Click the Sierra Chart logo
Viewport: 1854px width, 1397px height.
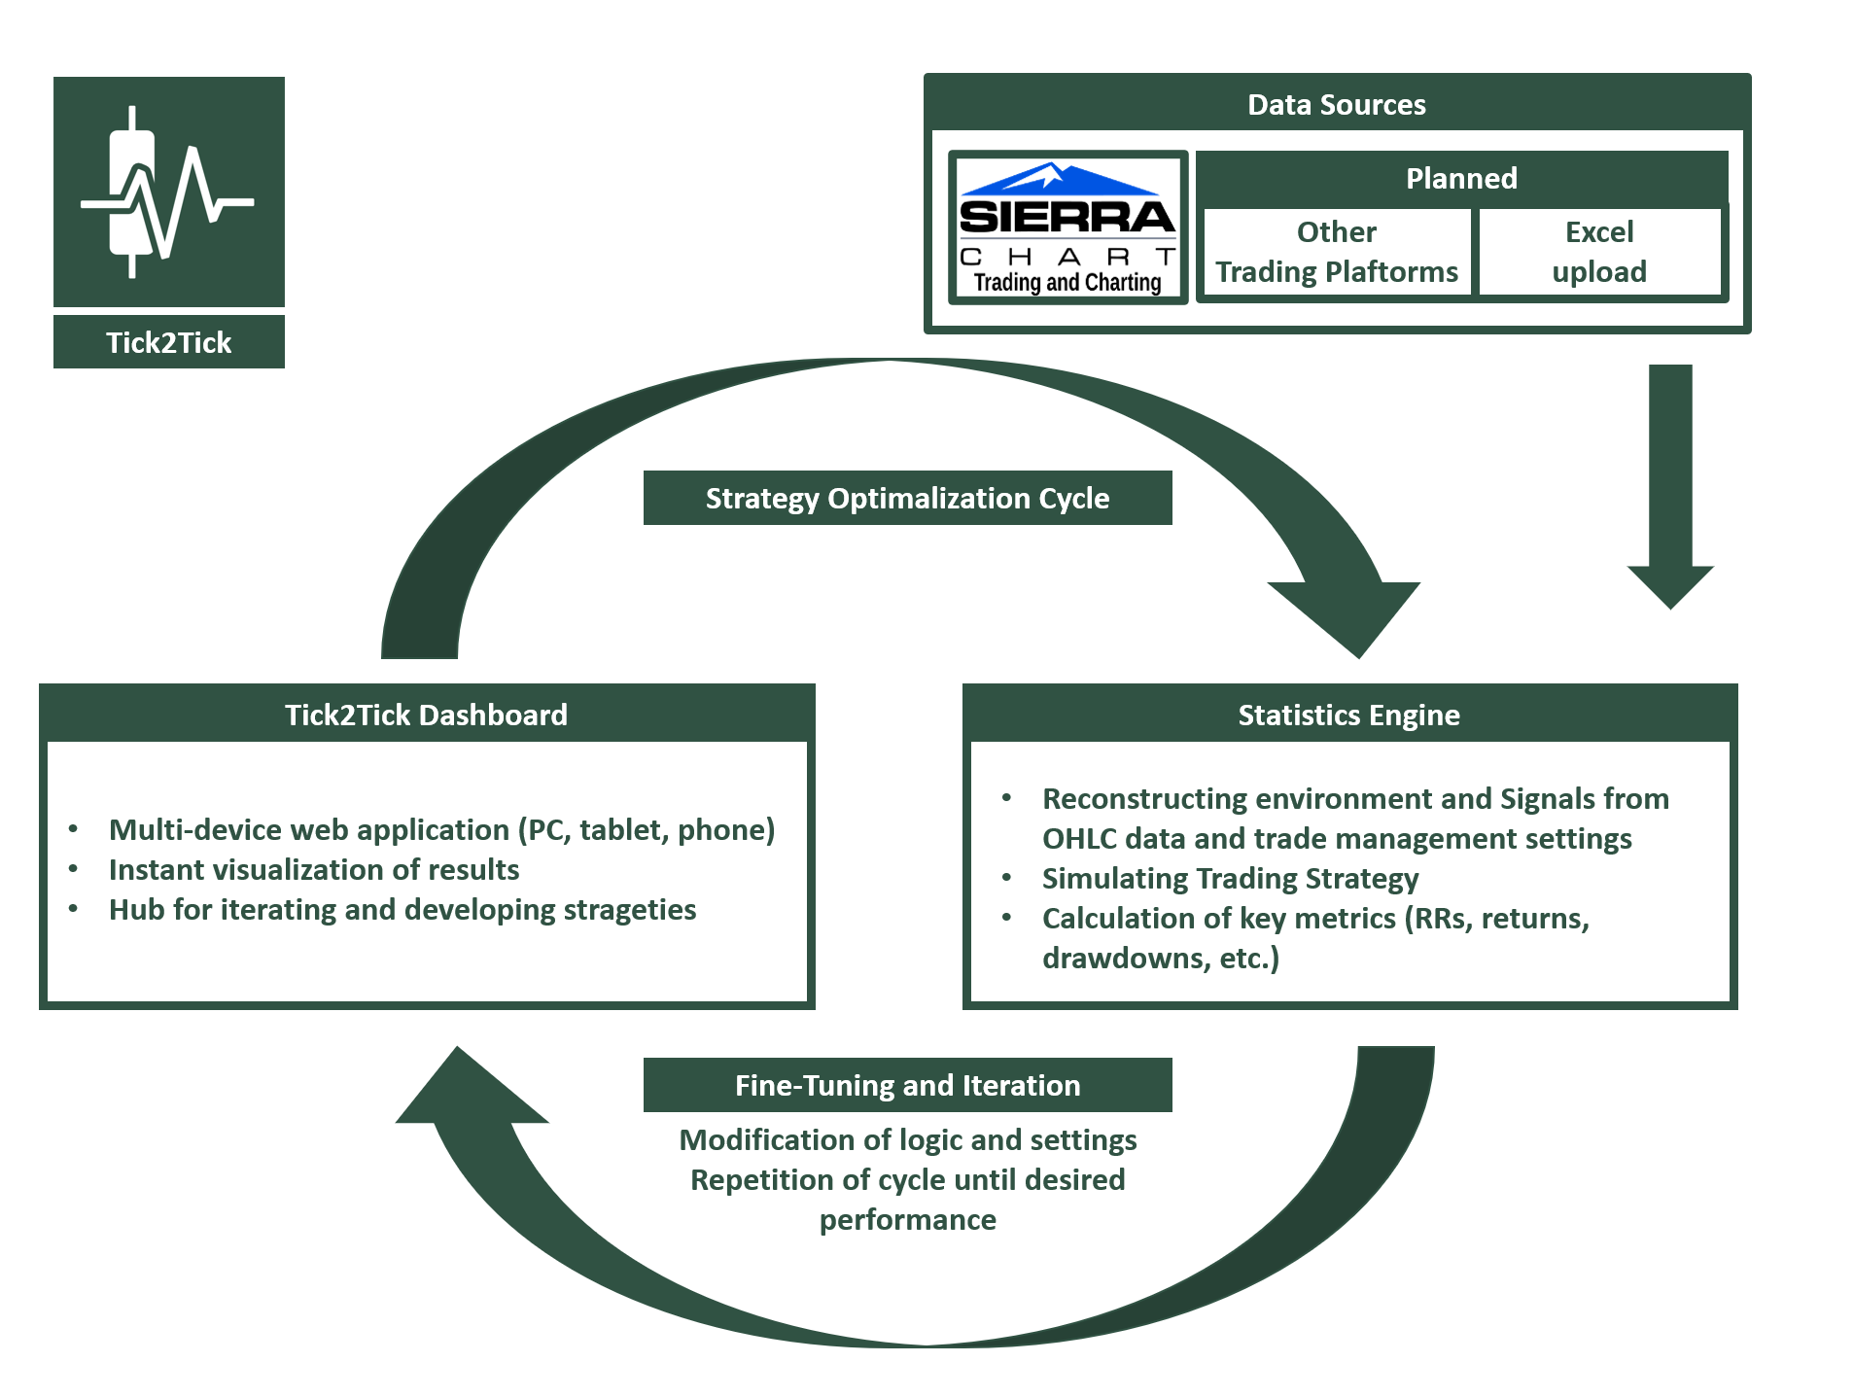(1067, 227)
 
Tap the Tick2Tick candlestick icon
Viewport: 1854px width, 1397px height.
(168, 192)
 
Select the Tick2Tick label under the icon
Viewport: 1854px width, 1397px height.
(168, 342)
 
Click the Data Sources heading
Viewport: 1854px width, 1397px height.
(1336, 104)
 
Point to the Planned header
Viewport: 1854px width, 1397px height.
(1460, 178)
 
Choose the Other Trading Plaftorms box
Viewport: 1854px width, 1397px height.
(1336, 252)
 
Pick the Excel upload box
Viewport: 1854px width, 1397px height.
(1598, 252)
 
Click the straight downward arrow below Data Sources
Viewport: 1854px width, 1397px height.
(1669, 486)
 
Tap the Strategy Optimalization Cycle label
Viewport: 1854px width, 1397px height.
(906, 498)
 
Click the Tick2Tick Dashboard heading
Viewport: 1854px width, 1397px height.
(426, 715)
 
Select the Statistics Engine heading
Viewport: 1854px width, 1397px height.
(1348, 715)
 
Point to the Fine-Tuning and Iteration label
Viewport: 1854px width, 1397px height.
(906, 1085)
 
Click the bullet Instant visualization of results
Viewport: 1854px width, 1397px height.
(313, 869)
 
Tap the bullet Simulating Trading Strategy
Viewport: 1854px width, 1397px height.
(1230, 879)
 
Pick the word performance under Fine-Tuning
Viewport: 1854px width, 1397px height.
(907, 1220)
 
